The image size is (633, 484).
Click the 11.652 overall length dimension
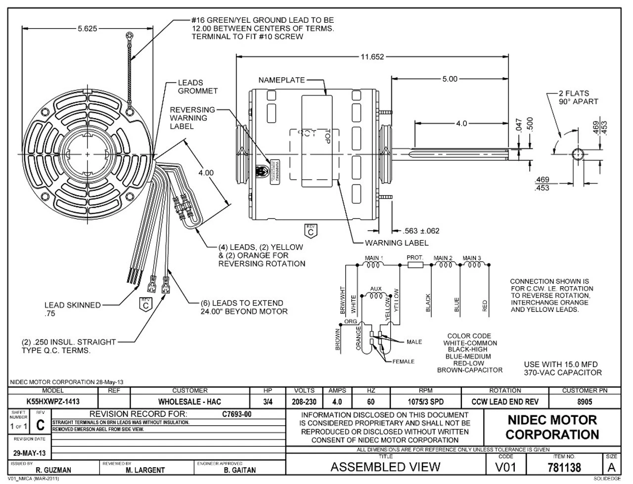[x=371, y=57]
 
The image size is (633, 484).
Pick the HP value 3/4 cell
[x=268, y=402]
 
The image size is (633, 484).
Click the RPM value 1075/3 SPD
[x=425, y=402]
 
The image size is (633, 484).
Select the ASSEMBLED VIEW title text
[x=385, y=467]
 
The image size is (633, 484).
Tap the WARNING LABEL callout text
[x=397, y=243]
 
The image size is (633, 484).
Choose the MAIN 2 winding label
[x=443, y=258]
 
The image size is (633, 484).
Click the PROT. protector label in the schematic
[x=414, y=258]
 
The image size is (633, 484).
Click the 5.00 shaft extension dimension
[x=450, y=79]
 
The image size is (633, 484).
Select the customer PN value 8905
[x=584, y=402]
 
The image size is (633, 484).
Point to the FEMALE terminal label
[x=403, y=361]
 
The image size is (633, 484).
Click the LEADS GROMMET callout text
[x=197, y=87]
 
